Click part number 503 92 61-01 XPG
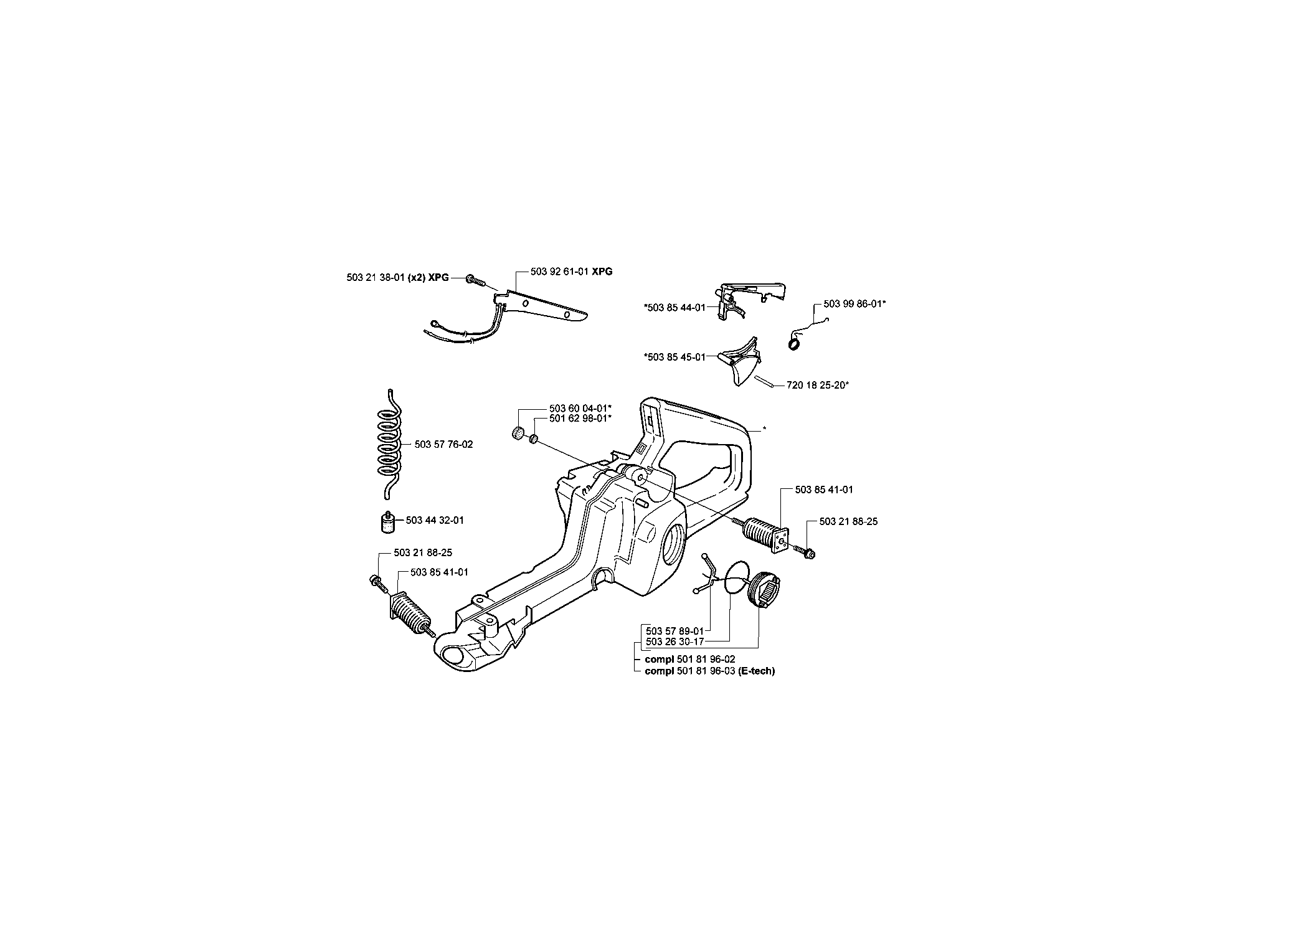(x=571, y=272)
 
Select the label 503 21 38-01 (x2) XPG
(x=397, y=278)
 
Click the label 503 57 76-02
(x=443, y=444)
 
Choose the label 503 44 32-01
(x=435, y=520)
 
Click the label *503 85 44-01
(x=674, y=307)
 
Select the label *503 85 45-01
(x=674, y=357)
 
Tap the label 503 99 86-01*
(x=854, y=303)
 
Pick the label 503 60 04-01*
(x=580, y=409)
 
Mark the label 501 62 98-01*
(x=580, y=418)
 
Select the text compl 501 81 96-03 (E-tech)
(x=710, y=671)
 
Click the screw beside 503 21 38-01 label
(x=475, y=280)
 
